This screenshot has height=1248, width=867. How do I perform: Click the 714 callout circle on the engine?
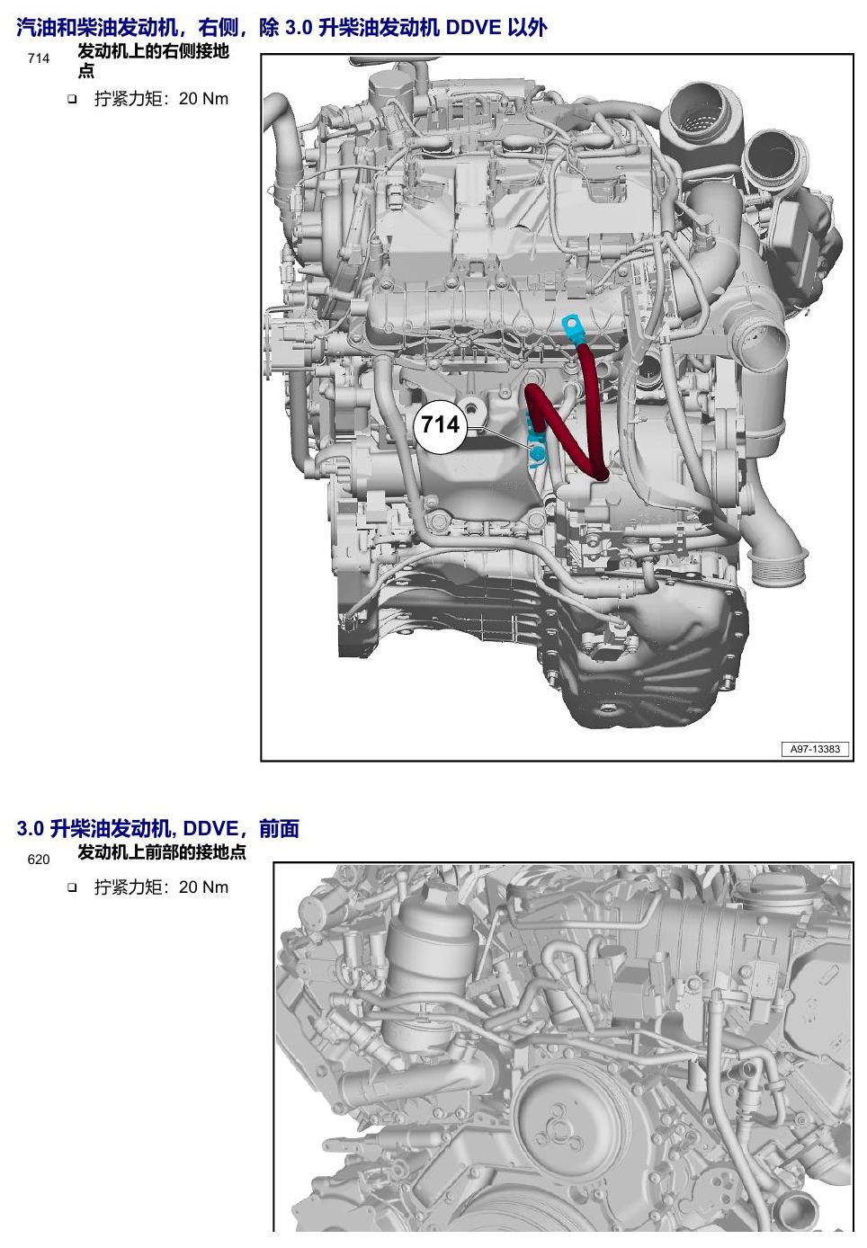tap(440, 425)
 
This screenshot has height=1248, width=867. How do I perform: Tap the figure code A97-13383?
tap(815, 749)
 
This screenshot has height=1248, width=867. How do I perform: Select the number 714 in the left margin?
tap(39, 58)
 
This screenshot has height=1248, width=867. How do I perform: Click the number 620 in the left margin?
tap(39, 860)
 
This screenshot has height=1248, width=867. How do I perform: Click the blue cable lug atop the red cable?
tap(572, 329)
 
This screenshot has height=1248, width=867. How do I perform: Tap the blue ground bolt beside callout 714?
tap(537, 454)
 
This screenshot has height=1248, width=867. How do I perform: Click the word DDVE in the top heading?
tap(474, 27)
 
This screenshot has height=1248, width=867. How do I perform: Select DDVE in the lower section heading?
tap(210, 828)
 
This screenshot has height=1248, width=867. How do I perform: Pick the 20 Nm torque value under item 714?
tap(203, 99)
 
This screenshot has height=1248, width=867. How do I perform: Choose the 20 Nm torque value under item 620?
tap(203, 887)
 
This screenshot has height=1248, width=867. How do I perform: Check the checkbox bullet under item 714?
tap(72, 100)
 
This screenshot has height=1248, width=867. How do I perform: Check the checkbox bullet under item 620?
tap(72, 888)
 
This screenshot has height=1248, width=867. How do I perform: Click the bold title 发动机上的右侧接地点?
tap(153, 61)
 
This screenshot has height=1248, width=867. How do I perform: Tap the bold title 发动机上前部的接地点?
tap(162, 852)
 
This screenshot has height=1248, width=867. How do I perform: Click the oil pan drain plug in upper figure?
tap(606, 709)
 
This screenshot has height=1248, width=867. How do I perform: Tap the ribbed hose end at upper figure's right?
tap(777, 565)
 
